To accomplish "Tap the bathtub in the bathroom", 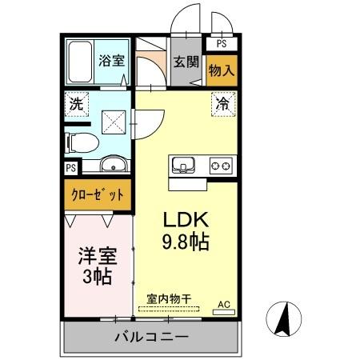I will (x=81, y=61).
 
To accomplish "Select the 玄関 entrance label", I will (x=187, y=62).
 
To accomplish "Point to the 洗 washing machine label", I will (x=76, y=103).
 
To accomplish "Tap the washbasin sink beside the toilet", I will (x=113, y=166).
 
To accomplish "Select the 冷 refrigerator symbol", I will (x=223, y=103).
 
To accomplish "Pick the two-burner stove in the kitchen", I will (x=222, y=166).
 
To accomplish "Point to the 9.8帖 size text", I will (x=187, y=242).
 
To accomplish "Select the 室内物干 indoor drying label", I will (x=169, y=299).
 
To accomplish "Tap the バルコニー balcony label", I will (x=150, y=337).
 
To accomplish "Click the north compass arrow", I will (x=282, y=320).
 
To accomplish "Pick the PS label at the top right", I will (x=222, y=45).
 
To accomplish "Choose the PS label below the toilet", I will (x=71, y=168).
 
